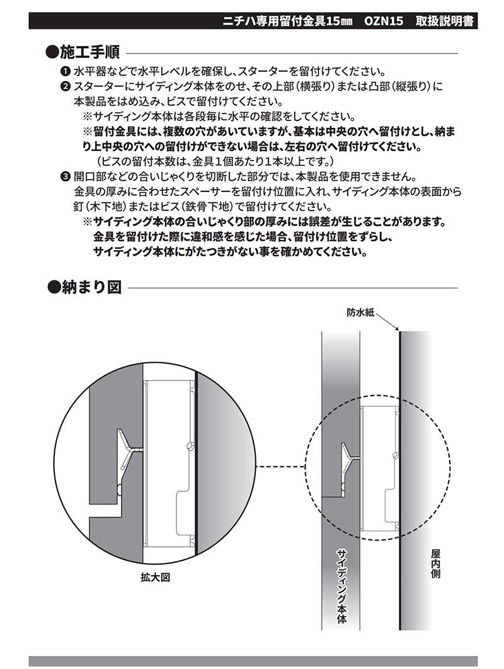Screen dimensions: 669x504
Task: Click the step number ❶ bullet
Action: pos(65,71)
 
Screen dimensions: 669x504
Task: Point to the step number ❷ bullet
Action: pos(65,86)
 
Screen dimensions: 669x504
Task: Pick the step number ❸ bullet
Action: pos(65,176)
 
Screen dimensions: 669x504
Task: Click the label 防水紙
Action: pos(360,312)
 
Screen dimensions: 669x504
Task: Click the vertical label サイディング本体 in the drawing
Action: pos(341,586)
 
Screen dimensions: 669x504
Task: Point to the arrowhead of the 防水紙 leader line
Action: pos(396,329)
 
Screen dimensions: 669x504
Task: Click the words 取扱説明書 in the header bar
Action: pos(445,21)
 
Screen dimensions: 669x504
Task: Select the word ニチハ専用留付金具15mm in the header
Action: pos(289,21)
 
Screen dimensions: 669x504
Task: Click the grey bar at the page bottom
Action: pos(252,661)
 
